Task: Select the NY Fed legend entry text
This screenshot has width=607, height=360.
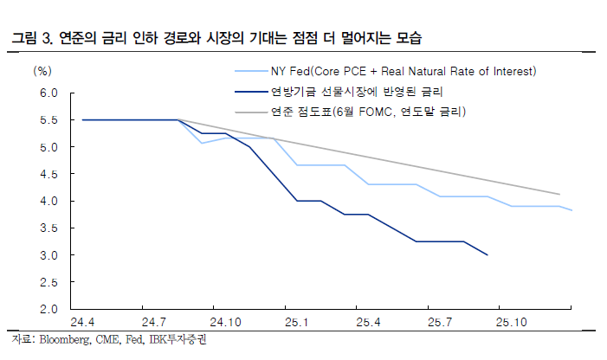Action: point(403,70)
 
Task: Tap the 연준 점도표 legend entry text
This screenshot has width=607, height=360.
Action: point(368,112)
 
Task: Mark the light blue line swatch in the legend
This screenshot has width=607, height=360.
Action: point(250,70)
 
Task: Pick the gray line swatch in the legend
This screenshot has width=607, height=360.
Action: point(250,112)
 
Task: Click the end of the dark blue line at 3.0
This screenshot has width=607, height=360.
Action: point(488,255)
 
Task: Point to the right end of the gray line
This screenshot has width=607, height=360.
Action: point(559,194)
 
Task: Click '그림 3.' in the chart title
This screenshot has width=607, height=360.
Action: point(29,39)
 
